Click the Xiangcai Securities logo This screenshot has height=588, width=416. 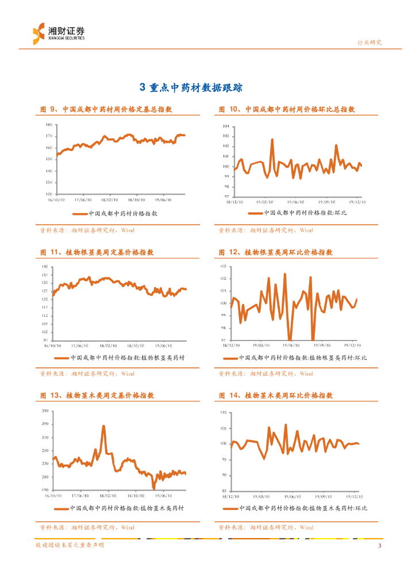(58, 33)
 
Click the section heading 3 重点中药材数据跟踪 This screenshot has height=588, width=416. (191, 87)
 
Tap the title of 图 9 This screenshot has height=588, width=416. (106, 109)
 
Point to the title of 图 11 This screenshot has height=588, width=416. (97, 252)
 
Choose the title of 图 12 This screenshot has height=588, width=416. (276, 252)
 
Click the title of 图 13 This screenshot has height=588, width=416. (97, 396)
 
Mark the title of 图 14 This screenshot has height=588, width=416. (276, 396)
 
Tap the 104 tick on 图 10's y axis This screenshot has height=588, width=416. (226, 126)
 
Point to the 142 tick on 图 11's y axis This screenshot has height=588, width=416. (45, 267)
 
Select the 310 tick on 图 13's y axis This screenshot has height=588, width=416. (45, 412)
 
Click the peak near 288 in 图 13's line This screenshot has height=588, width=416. (103, 426)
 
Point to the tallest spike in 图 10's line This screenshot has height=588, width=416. (272, 140)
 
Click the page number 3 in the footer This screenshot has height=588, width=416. (379, 546)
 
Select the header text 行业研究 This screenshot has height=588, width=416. (369, 42)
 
